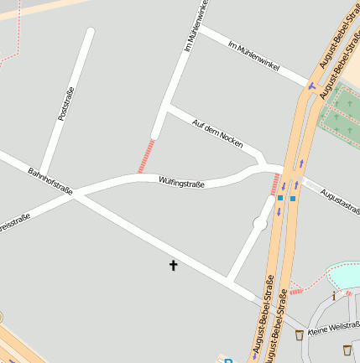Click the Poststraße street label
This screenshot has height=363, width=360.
coord(66,105)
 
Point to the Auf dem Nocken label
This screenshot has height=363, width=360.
coord(218,132)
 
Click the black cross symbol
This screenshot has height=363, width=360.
coord(174,266)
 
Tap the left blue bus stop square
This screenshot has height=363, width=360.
coord(279,198)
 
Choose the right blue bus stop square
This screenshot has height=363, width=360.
coord(292,198)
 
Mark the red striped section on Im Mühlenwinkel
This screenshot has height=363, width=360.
coord(146,156)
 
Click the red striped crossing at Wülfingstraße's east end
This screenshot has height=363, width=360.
coord(274,184)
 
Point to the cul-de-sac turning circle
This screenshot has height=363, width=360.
coord(260,223)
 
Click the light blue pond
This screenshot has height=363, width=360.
coord(345,274)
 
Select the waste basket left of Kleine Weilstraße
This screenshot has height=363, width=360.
coord(299,335)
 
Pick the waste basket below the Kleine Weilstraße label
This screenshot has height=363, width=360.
coord(348,347)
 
